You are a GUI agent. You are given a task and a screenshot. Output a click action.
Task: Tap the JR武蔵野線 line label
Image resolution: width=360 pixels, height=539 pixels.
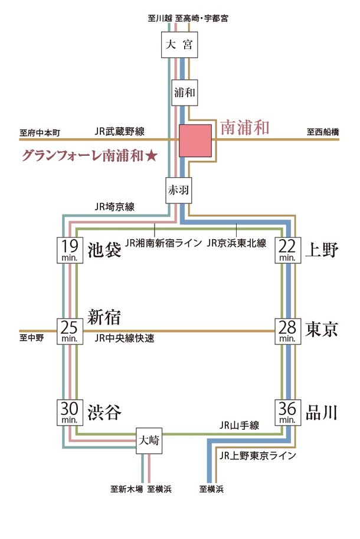pos(123,132)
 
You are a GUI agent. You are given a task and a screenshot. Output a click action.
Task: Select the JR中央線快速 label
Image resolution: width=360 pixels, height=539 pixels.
pos(124,339)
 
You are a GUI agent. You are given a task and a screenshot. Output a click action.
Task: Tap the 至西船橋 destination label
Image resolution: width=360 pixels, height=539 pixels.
pos(323,133)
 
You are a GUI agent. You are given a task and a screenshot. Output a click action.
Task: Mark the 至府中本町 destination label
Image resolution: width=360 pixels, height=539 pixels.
pos(40,133)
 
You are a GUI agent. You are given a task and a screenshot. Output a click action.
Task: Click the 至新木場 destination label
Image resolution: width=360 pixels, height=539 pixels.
pos(126,489)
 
